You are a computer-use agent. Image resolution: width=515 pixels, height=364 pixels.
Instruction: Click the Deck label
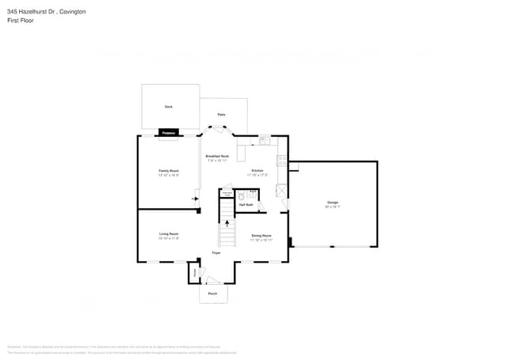point(168,106)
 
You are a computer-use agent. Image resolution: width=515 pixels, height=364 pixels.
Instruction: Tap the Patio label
point(223,115)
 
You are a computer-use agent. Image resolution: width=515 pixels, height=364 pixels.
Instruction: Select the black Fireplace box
point(168,133)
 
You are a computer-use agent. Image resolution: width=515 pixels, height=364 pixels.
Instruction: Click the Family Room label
point(168,171)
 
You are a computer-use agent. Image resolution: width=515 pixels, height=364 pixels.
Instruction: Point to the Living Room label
point(168,234)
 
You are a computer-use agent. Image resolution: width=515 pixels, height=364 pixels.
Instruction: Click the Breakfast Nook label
point(218,156)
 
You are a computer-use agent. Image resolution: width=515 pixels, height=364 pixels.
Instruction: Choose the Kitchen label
point(257,171)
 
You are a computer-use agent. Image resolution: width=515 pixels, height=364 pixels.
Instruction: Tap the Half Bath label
point(246,205)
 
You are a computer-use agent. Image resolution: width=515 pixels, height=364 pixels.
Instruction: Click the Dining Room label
point(261,236)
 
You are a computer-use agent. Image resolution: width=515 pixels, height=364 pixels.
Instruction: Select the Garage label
point(332,203)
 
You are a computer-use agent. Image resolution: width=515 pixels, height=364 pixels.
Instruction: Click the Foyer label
point(216,253)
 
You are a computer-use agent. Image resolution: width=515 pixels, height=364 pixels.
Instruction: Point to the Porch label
point(212,294)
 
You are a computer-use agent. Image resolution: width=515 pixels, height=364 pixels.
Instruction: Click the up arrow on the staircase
point(227,223)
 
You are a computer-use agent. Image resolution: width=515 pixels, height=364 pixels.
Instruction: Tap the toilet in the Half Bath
point(252,194)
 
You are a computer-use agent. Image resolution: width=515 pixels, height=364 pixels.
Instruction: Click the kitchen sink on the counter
point(265,141)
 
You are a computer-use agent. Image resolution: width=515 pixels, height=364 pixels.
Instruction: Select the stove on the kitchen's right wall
point(280,162)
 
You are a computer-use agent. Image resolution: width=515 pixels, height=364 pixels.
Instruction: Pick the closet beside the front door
point(193,272)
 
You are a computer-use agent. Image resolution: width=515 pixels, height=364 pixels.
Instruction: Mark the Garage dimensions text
point(332,207)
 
